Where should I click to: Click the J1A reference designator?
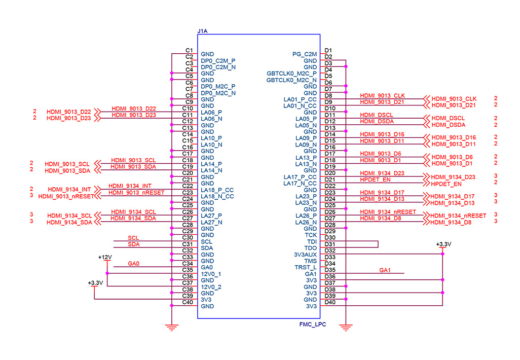point(202,31)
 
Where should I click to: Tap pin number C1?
point(189,50)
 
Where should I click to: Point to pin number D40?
point(330,302)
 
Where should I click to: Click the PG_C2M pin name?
point(305,54)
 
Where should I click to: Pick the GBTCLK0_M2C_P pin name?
point(291,74)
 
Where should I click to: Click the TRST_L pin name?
point(306,267)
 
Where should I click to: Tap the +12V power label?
point(105,258)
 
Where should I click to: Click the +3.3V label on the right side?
point(443,244)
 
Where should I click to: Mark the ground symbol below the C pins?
point(172,328)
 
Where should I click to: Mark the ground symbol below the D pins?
point(346,328)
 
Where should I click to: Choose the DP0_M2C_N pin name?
point(218,93)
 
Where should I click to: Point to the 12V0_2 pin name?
point(211,287)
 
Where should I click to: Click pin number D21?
point(330,179)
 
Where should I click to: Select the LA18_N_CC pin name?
point(217,196)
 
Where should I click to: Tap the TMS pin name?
point(310,261)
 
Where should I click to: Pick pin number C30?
point(188,238)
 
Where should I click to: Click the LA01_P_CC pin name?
point(300,99)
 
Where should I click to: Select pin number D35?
point(330,270)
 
